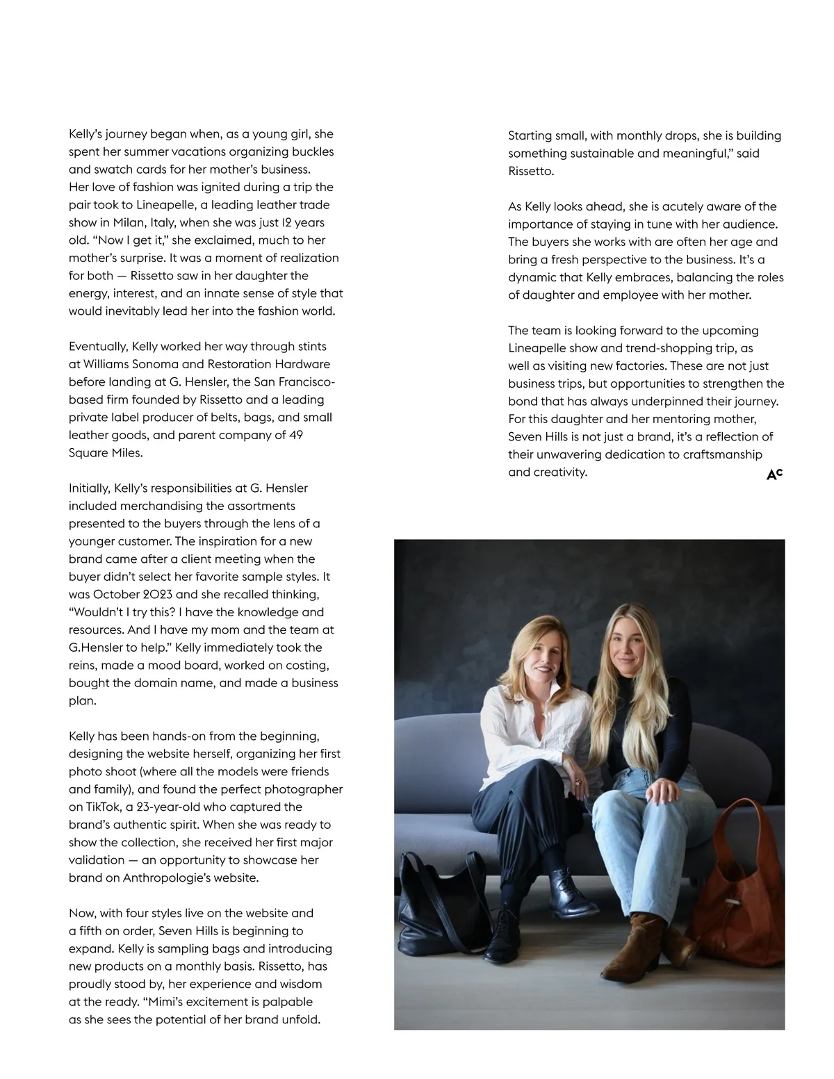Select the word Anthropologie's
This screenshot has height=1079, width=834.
click(x=167, y=878)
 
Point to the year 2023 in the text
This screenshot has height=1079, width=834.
click(x=159, y=594)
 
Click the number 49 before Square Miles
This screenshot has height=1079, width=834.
click(x=295, y=435)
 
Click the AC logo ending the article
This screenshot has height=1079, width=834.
click(x=774, y=475)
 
